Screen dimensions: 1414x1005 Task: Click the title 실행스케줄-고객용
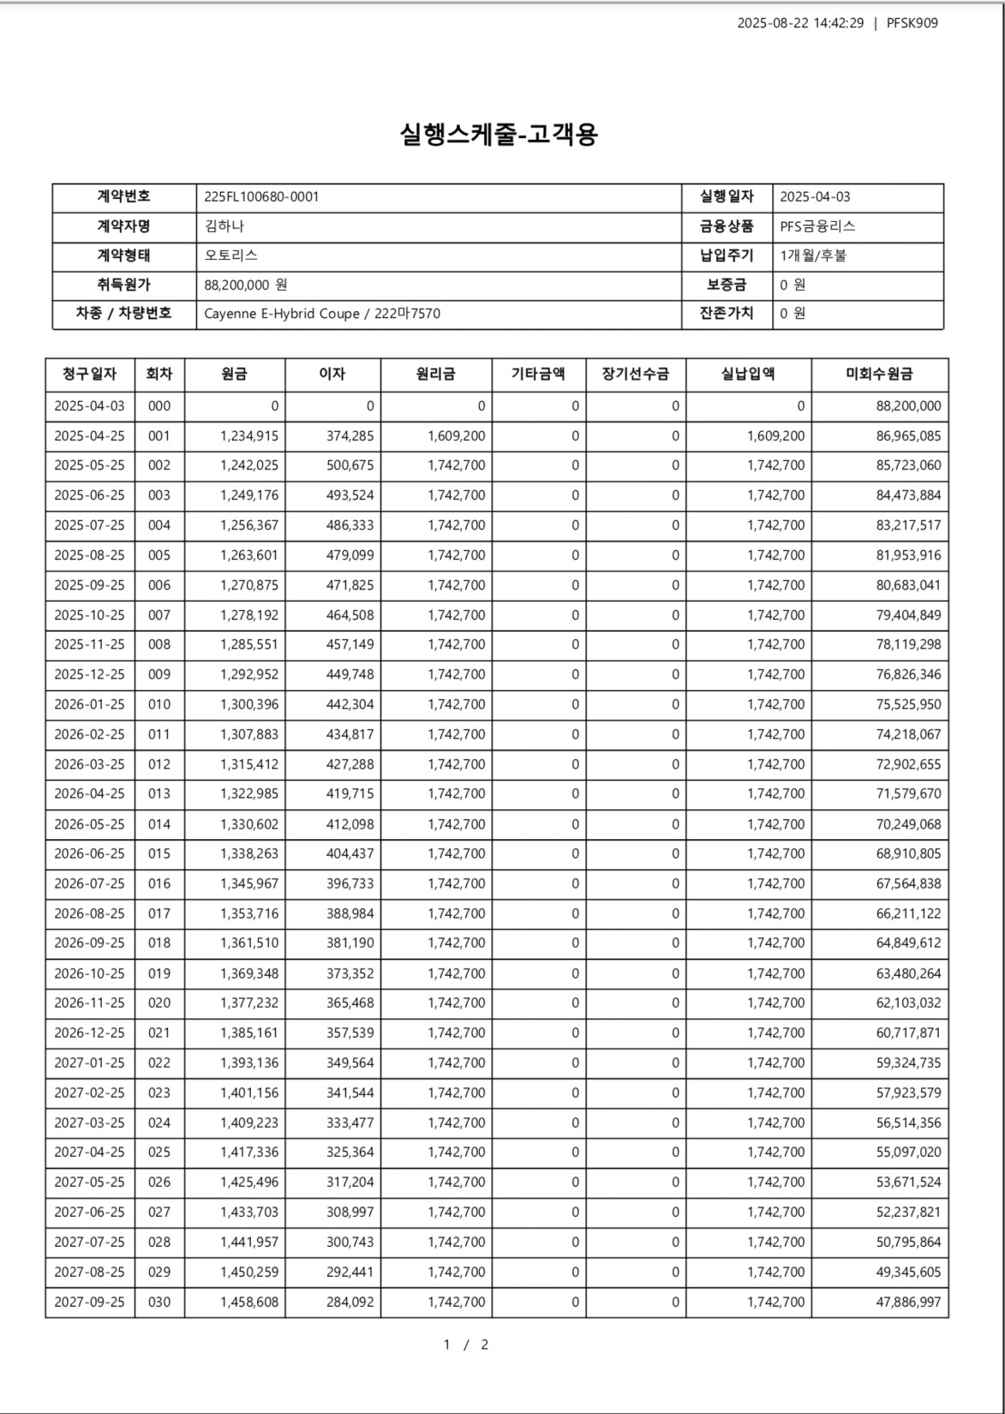(x=499, y=134)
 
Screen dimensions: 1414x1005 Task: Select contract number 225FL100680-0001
(x=261, y=196)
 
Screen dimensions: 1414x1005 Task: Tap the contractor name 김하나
(x=224, y=226)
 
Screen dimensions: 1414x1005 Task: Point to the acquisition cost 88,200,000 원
(x=246, y=285)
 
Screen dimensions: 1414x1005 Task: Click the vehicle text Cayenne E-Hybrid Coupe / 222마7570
(x=322, y=314)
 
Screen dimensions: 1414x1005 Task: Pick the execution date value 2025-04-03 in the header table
(x=815, y=196)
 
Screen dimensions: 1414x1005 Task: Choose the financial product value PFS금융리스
(x=817, y=226)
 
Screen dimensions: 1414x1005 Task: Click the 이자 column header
(x=332, y=374)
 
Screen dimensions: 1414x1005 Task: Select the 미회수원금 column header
(x=879, y=374)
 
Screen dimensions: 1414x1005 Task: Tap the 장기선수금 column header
(x=635, y=374)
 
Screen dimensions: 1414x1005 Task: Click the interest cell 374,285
(x=350, y=435)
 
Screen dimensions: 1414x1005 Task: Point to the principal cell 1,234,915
(x=248, y=435)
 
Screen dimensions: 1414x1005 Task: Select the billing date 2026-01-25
(x=89, y=704)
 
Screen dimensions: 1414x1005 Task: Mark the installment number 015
(x=159, y=854)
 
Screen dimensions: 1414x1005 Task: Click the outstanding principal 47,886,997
(x=908, y=1302)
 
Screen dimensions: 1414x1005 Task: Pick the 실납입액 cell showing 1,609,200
(x=775, y=435)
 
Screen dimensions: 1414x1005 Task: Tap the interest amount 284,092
(x=350, y=1302)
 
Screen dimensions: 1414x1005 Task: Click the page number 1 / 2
(x=466, y=1344)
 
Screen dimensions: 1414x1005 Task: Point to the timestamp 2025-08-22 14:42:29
(x=800, y=23)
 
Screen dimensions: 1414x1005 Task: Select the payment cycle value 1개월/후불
(x=813, y=255)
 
